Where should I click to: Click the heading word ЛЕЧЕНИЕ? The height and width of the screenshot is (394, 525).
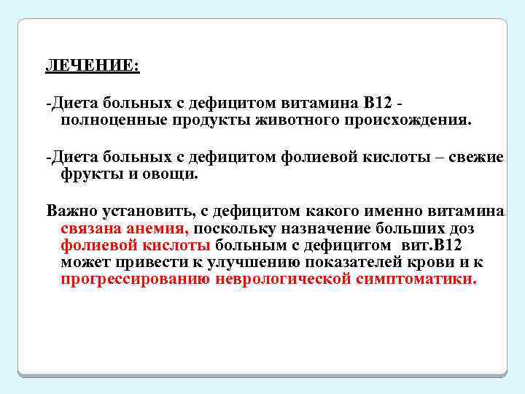coord(92,65)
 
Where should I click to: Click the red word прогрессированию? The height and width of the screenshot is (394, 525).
coord(136,279)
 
